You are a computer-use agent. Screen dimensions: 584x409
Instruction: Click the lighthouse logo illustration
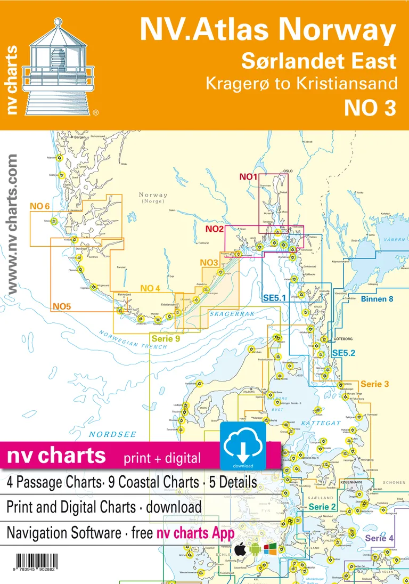(59, 67)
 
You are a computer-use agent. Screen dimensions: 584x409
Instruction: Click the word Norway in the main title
(346, 31)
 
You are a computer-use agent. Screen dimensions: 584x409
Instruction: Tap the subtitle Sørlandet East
(319, 61)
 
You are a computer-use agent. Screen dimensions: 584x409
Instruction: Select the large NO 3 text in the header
(371, 108)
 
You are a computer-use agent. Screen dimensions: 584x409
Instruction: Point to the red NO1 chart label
(248, 177)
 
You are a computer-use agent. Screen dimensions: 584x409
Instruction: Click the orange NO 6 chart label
(39, 206)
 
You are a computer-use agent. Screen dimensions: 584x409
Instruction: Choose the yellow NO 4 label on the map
(150, 288)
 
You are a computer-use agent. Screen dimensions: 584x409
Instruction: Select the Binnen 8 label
(377, 299)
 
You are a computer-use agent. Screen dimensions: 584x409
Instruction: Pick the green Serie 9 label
(165, 338)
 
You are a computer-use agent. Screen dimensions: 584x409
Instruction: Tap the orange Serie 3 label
(375, 384)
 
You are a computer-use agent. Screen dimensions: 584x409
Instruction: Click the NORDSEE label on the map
(105, 434)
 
